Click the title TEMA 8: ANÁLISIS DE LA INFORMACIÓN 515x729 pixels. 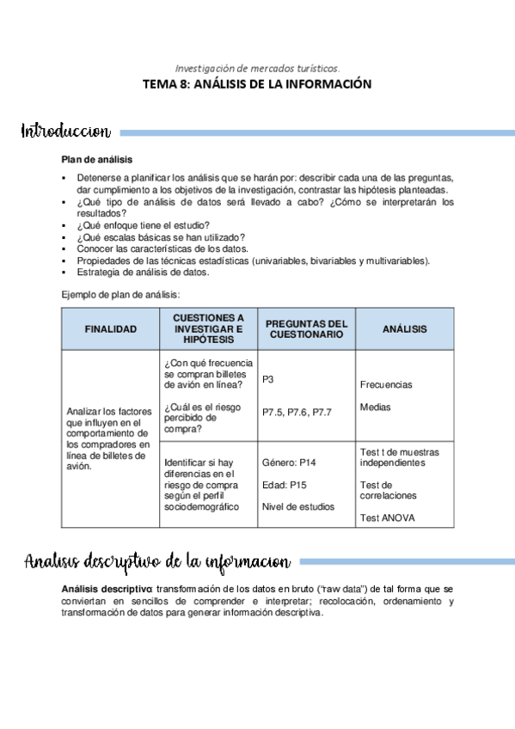pyautogui.click(x=257, y=84)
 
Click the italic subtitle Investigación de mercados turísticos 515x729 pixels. pyautogui.click(x=257, y=67)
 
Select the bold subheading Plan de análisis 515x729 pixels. pyautogui.click(x=96, y=159)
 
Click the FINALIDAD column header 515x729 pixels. pyautogui.click(x=110, y=328)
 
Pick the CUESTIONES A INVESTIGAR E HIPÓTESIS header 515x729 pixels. pyautogui.click(x=208, y=328)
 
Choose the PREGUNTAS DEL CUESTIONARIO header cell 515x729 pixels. pyautogui.click(x=306, y=328)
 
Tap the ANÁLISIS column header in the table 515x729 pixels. pyautogui.click(x=404, y=328)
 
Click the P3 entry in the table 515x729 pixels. pyautogui.click(x=268, y=378)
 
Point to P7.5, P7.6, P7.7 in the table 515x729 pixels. pyautogui.click(x=297, y=412)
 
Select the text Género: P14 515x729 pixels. pyautogui.click(x=289, y=463)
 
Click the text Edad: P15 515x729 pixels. pyautogui.click(x=285, y=485)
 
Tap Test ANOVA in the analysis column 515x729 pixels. pyautogui.click(x=388, y=518)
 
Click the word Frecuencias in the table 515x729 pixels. pyautogui.click(x=386, y=384)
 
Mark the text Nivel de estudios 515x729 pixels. pyautogui.click(x=297, y=506)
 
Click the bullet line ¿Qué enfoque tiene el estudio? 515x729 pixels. pyautogui.click(x=143, y=226)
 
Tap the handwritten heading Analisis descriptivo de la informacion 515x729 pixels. pyautogui.click(x=157, y=562)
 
